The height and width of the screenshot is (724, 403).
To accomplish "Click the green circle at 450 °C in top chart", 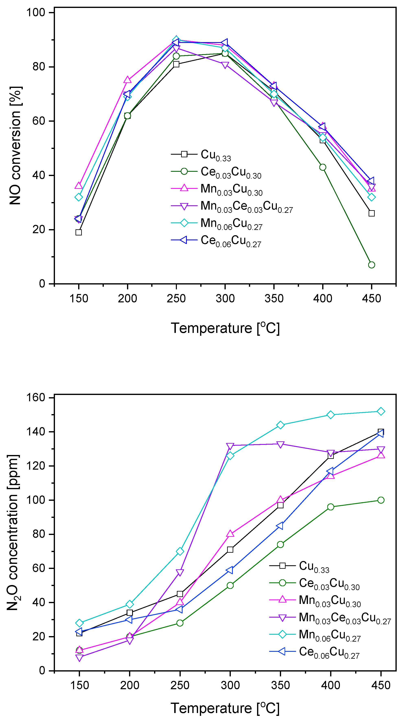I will tap(371, 265).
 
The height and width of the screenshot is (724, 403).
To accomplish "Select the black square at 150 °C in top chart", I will tap(79, 232).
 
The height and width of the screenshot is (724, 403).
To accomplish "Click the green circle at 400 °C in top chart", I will tap(323, 167).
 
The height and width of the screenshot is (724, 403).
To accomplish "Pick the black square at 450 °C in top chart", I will tap(371, 213).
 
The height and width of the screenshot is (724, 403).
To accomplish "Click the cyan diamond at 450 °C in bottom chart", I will tap(381, 411).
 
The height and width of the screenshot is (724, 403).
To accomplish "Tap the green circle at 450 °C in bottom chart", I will tap(381, 500).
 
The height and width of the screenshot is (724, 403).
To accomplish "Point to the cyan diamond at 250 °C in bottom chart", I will tap(180, 551).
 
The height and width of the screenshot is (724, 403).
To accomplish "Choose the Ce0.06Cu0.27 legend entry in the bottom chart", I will tap(329, 652).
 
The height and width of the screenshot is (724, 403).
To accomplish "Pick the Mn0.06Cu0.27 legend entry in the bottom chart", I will tap(329, 634).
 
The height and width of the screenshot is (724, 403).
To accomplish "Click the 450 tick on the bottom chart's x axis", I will tap(381, 686).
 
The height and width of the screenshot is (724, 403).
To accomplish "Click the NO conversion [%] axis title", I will tap(15, 145).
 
